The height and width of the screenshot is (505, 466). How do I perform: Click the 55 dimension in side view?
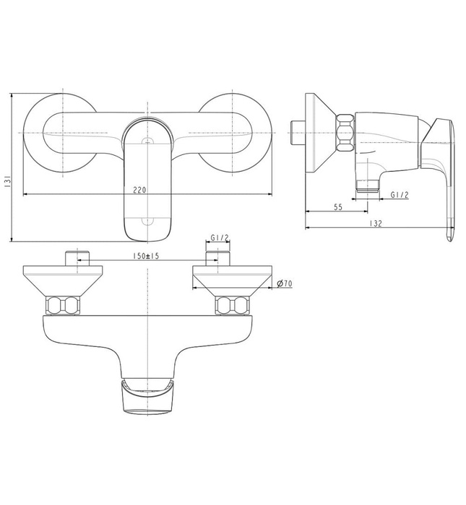(337, 206)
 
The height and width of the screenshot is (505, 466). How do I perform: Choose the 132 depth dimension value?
(376, 224)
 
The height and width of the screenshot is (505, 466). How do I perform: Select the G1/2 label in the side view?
(400, 195)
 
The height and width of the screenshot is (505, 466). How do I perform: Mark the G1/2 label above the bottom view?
(220, 237)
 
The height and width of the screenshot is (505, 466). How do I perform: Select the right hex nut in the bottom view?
(233, 304)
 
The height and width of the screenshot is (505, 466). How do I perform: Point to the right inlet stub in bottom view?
(218, 258)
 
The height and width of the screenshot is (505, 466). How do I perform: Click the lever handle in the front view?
(147, 180)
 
